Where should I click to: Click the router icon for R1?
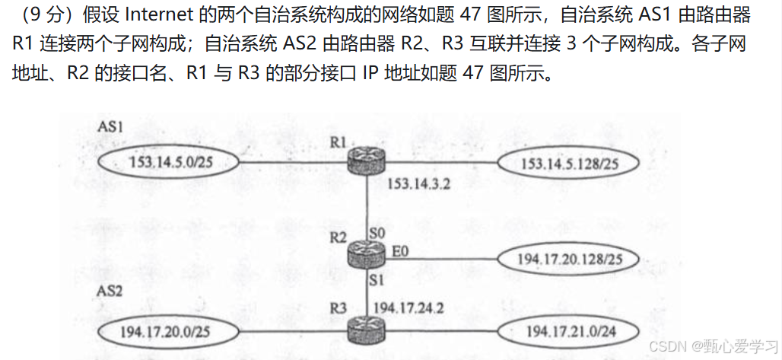(x=367, y=161)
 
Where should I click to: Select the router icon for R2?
(x=367, y=255)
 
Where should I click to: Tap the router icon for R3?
(x=367, y=331)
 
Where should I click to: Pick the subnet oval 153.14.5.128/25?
(x=567, y=163)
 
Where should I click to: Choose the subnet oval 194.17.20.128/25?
(x=567, y=258)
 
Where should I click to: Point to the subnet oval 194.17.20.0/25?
(x=165, y=332)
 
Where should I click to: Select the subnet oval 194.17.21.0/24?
(x=567, y=332)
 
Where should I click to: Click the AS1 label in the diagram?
(x=111, y=126)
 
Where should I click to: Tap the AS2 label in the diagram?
(x=111, y=292)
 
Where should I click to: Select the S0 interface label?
(x=376, y=230)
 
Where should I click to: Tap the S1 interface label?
(x=375, y=280)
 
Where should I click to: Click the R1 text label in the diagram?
(x=339, y=142)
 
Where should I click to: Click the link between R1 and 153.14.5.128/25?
(x=441, y=162)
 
